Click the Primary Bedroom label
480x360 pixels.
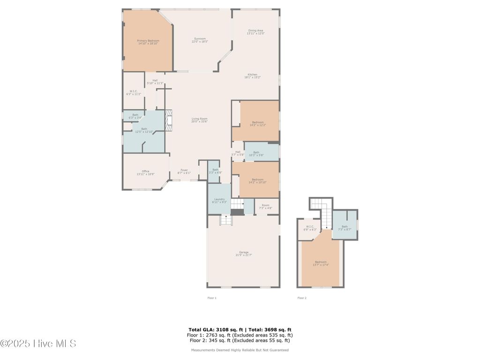tap(148, 42)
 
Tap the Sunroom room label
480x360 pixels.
tap(200, 40)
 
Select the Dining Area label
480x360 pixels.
tap(255, 32)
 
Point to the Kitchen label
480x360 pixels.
tap(252, 76)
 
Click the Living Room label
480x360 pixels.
tap(199, 120)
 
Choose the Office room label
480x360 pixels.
tap(145, 172)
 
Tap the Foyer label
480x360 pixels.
tap(184, 172)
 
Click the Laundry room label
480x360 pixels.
tap(219, 200)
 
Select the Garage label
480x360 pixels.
tap(244, 254)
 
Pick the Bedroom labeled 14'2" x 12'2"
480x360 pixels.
tap(258, 124)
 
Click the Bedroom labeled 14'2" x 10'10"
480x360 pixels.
tap(258, 181)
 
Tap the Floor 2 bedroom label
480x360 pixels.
tap(321, 263)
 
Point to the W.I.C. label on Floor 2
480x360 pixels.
tap(310, 228)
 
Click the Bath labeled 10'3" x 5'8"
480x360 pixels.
tap(256, 153)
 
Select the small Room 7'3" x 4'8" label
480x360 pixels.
tap(266, 206)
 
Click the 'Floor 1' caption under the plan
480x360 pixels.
tap(212, 298)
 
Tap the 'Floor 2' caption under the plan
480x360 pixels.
tap(301, 298)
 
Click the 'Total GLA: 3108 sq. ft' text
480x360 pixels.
tap(213, 330)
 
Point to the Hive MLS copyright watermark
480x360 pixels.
tap(38, 344)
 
